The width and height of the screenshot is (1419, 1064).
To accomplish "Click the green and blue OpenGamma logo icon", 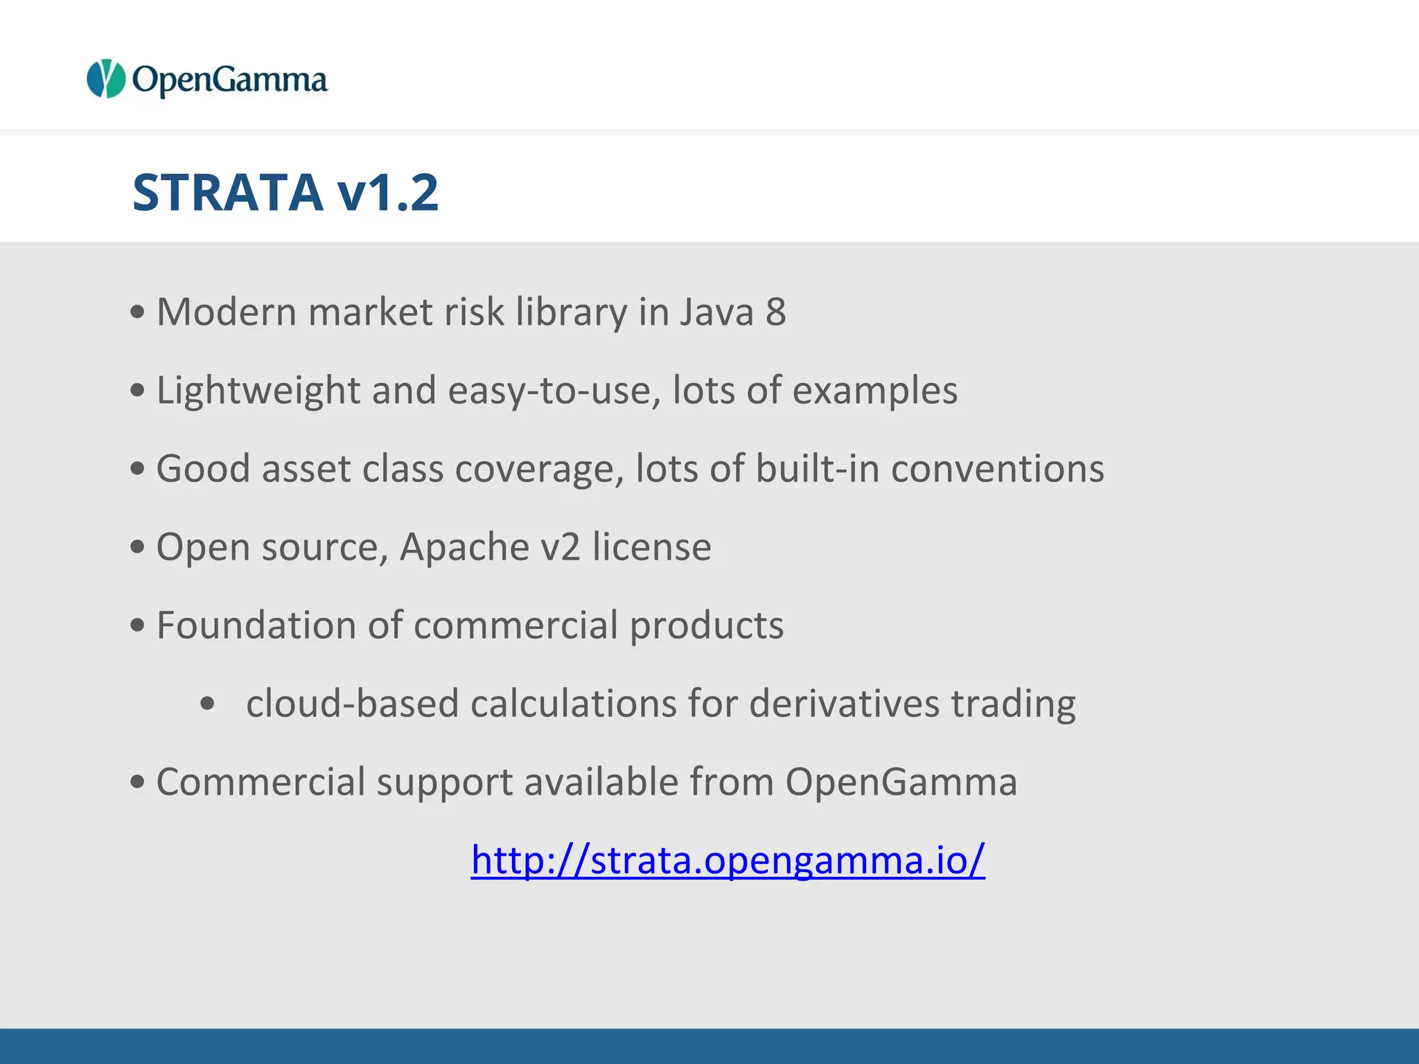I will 105,78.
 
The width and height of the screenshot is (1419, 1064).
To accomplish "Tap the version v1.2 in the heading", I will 388,192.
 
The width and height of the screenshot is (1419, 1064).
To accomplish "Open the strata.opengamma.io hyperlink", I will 728,860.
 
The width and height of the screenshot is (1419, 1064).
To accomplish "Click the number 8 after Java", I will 775,312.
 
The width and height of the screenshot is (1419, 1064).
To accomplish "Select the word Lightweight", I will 258,390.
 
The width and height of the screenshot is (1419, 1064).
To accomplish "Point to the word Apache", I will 464,547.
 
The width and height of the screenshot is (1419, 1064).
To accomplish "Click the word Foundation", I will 256,625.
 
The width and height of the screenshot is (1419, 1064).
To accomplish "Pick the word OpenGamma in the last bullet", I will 901,781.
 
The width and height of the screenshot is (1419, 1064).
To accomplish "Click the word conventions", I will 997,468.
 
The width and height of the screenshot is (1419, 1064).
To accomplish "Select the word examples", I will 874,390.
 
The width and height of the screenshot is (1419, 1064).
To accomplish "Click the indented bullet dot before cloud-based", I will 207,704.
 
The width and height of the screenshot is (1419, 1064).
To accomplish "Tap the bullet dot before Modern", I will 137,312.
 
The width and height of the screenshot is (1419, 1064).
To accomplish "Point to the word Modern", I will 227,312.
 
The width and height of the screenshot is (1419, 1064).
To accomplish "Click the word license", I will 651,547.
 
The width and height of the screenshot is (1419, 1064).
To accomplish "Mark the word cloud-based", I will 353,703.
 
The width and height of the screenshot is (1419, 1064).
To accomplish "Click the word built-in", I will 817,468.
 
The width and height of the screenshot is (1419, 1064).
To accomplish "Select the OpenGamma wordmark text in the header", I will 229,80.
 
